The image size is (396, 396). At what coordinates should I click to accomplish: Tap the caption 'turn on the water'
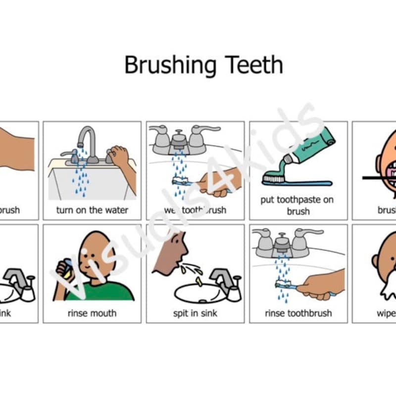92,210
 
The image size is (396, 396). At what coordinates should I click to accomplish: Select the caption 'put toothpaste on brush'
297,205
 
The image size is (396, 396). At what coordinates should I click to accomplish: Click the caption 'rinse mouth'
92,313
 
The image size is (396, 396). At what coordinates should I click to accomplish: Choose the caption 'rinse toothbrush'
298,313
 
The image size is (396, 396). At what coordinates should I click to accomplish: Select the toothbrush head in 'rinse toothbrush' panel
283,284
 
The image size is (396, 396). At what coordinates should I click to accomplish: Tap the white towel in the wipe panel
389,287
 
